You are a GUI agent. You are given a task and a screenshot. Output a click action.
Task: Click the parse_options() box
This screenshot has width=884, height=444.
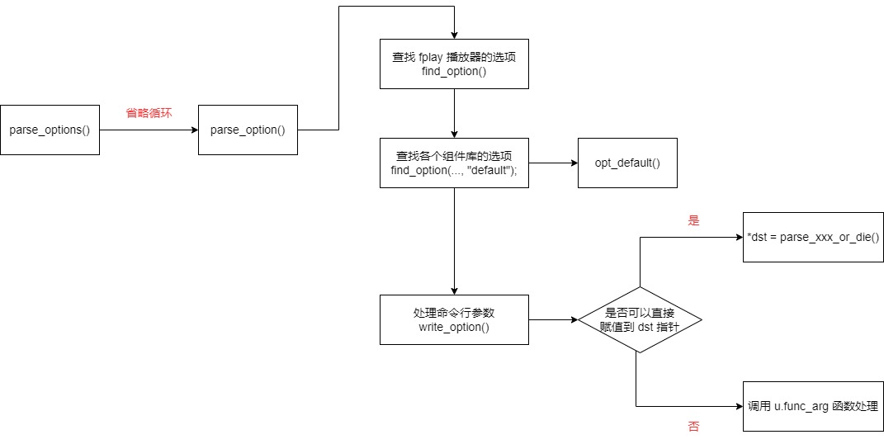[x=50, y=130]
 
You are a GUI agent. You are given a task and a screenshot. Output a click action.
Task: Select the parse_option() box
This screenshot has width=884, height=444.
[x=248, y=130]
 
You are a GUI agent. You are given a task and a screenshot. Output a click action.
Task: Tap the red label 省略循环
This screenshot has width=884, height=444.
[x=149, y=113]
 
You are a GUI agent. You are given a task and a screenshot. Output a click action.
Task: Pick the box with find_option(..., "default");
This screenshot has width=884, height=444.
[x=454, y=163]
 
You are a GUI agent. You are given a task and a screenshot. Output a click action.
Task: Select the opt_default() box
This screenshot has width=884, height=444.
[x=627, y=163]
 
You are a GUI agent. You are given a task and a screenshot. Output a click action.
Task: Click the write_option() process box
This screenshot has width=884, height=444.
[x=454, y=319]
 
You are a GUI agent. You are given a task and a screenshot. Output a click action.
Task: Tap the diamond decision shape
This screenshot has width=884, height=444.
[x=640, y=319]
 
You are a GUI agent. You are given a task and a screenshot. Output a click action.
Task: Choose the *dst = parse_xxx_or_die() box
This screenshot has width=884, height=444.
[x=813, y=238]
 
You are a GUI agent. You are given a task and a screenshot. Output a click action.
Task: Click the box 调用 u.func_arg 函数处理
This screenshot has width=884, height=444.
[x=813, y=406]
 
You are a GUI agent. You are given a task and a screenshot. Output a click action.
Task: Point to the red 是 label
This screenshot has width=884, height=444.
[x=693, y=221]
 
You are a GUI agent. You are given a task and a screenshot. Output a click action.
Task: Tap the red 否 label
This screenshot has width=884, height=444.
[x=693, y=427]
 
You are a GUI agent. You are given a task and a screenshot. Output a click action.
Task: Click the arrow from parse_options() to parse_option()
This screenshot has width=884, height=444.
[x=149, y=130]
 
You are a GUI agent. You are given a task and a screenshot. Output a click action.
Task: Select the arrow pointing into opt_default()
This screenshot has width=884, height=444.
[x=553, y=163]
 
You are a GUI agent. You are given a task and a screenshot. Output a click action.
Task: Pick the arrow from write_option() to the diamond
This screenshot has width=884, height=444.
[x=553, y=319]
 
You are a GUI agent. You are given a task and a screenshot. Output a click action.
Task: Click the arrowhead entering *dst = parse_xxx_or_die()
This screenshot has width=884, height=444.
[x=738, y=238]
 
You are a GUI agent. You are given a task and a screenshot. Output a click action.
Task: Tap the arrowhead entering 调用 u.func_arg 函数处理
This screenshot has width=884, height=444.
[x=738, y=406]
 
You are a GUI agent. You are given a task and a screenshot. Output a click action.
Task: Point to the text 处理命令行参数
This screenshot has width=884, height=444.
[x=454, y=312]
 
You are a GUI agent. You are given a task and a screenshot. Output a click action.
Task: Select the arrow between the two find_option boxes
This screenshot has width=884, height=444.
[x=454, y=113]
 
